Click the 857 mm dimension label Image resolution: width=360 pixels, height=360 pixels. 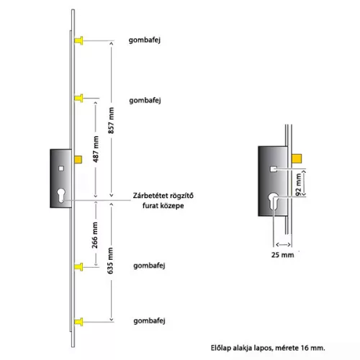pyautogui.click(x=111, y=120)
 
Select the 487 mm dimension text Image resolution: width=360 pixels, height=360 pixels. pyautogui.click(x=96, y=149)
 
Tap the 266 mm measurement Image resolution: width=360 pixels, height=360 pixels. pyautogui.click(x=95, y=235)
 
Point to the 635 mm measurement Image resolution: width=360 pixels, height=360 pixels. pyautogui.click(x=110, y=261)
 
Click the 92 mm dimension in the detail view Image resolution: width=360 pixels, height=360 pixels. pyautogui.click(x=298, y=184)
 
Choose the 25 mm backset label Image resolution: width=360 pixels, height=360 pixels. pyautogui.click(x=282, y=255)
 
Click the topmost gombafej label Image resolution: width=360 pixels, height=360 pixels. pyautogui.click(x=145, y=40)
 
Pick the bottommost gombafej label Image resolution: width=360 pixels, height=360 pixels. pyautogui.click(x=149, y=321)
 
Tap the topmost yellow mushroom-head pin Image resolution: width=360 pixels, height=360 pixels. pyautogui.click(x=78, y=40)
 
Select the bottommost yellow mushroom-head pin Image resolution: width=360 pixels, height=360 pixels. pyautogui.click(x=78, y=322)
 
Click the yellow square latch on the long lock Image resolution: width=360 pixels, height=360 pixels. pyautogui.click(x=78, y=160)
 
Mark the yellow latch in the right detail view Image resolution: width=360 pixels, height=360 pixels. pyautogui.click(x=297, y=158)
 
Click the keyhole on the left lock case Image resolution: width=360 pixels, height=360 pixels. pyautogui.click(x=61, y=195)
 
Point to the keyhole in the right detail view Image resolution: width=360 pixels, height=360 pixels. pyautogui.click(x=273, y=201)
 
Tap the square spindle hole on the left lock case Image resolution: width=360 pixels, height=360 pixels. pyautogui.click(x=61, y=168)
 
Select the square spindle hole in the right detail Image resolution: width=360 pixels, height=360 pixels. pyautogui.click(x=274, y=169)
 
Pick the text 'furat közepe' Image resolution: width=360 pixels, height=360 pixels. pyautogui.click(x=163, y=206)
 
